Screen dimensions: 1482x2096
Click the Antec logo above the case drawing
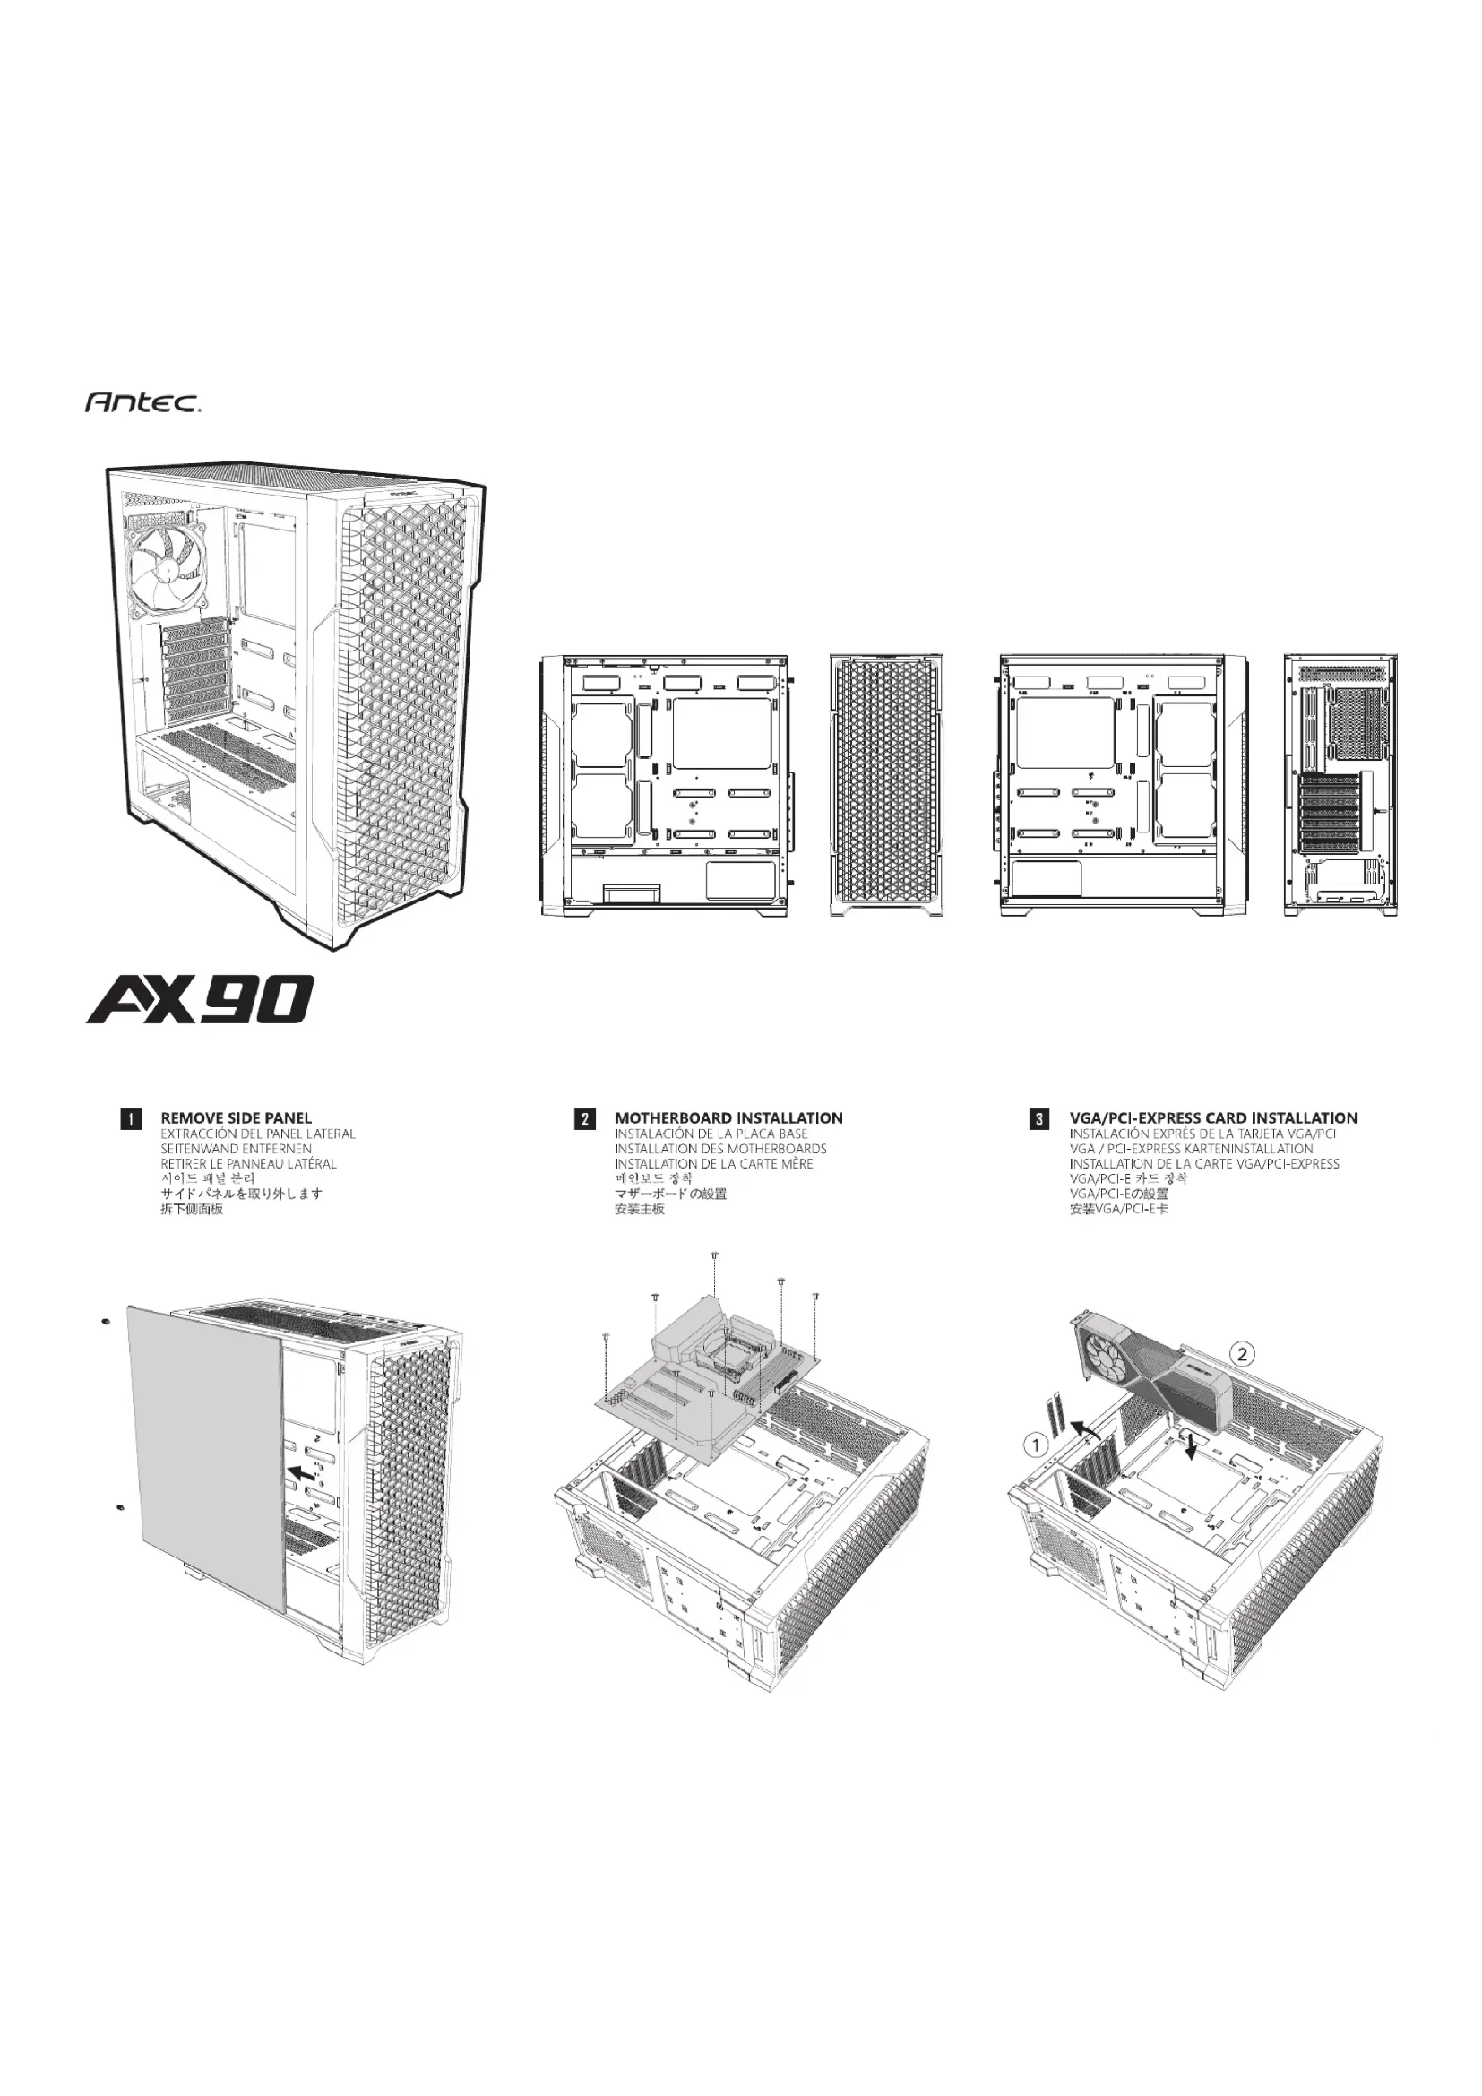(143, 401)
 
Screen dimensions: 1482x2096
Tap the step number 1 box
(132, 1119)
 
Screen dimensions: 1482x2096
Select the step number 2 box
(585, 1119)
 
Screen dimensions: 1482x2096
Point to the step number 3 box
(1039, 1119)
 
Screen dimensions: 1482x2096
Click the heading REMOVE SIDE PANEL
(236, 1118)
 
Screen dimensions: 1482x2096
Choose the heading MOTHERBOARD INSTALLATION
(728, 1118)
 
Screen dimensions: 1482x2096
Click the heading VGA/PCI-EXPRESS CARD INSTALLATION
(1213, 1118)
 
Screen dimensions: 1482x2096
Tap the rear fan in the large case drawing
(170, 569)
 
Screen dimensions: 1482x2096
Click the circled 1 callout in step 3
(1034, 1445)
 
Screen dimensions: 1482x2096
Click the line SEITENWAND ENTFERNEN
(237, 1149)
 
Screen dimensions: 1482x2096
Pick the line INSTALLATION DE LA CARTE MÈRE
(712, 1164)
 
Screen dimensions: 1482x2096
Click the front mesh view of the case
(885, 785)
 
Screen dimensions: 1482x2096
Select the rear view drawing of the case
(1340, 785)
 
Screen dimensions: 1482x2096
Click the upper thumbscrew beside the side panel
(107, 1322)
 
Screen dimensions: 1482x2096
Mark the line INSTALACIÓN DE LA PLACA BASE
(711, 1134)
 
